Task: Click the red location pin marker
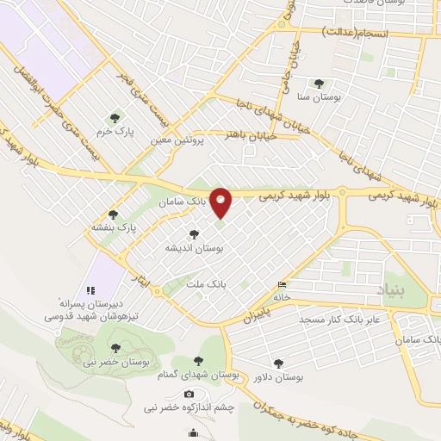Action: click(x=221, y=203)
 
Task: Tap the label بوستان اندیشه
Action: click(x=195, y=247)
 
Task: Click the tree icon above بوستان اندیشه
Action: click(x=195, y=233)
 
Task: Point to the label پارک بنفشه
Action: click(x=115, y=229)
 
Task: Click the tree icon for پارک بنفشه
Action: click(x=112, y=214)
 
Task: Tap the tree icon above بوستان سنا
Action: click(x=320, y=84)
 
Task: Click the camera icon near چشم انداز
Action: click(x=189, y=393)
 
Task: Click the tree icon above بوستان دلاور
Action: click(x=276, y=363)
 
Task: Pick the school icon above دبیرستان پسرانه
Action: click(x=89, y=289)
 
